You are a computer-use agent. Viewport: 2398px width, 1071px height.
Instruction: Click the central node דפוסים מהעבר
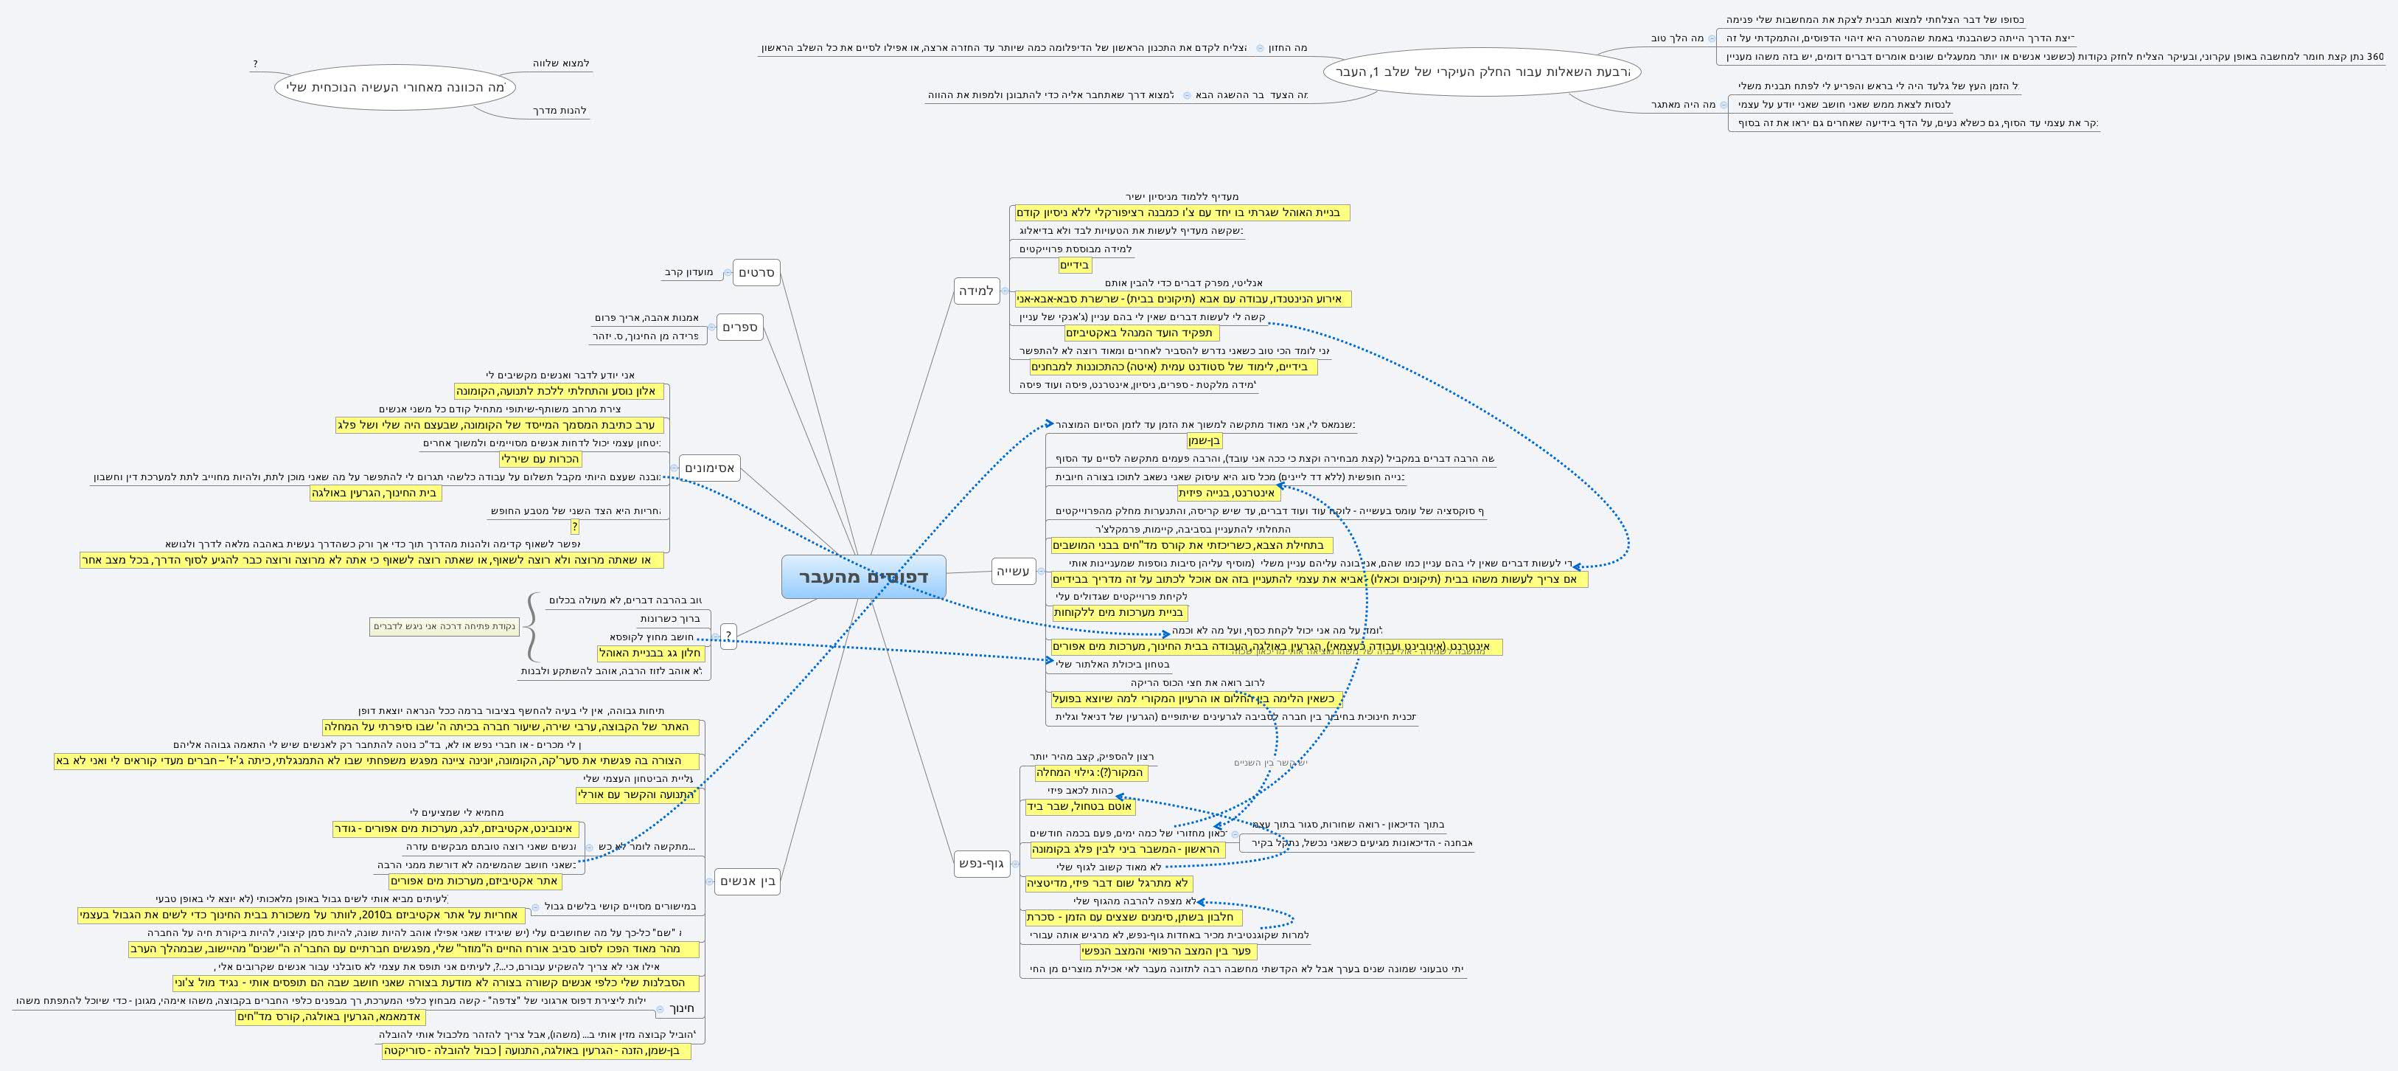(863, 577)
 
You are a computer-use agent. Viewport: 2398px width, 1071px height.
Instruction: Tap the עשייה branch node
(1013, 571)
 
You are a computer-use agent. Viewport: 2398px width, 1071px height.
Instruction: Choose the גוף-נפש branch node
(981, 863)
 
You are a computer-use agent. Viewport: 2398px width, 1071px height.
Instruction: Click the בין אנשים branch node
(747, 881)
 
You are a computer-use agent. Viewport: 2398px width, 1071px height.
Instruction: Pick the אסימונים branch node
(709, 468)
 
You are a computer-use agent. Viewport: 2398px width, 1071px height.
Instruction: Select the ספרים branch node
(740, 327)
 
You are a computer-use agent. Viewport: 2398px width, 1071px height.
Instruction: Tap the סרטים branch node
(756, 273)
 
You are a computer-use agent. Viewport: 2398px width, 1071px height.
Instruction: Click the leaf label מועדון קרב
(689, 273)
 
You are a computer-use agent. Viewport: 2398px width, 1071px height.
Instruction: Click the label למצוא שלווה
(561, 63)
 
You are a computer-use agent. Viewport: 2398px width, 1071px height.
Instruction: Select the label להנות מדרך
(560, 111)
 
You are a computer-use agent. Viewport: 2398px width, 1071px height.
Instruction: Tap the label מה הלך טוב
(1678, 38)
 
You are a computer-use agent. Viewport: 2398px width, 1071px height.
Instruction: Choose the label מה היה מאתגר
(1683, 104)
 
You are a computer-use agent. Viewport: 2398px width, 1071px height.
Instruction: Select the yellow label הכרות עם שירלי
(540, 459)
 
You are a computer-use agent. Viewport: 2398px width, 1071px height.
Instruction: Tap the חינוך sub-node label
(683, 1008)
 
